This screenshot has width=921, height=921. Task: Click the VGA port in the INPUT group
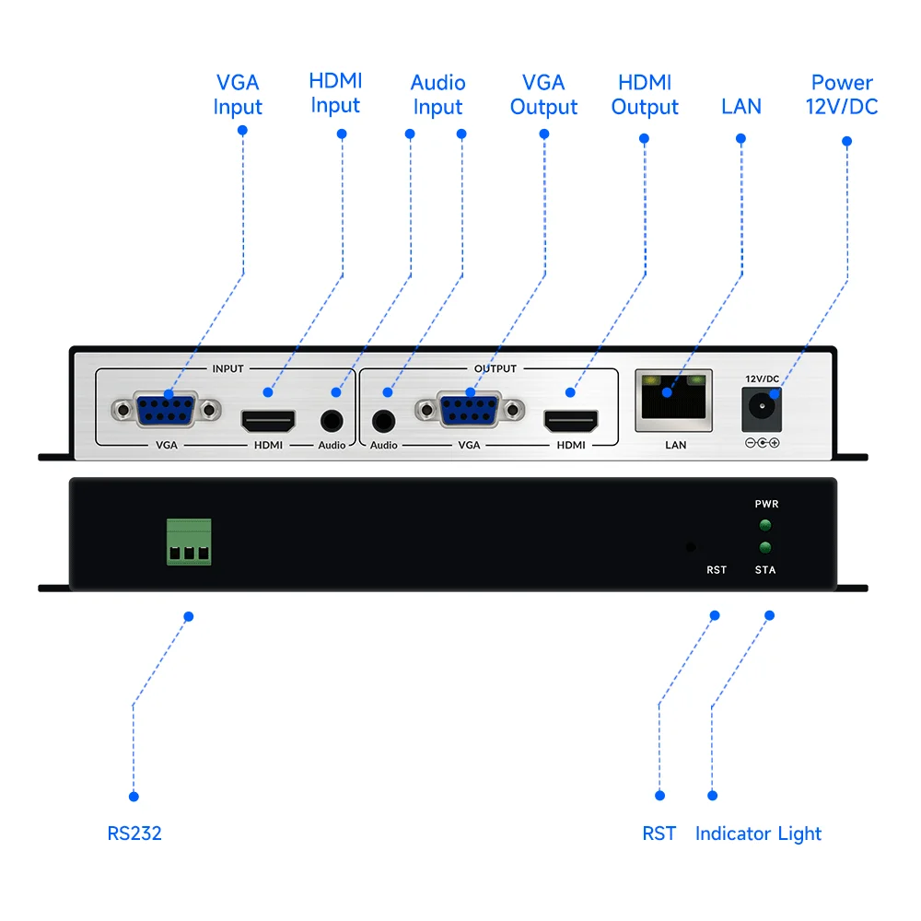(x=166, y=410)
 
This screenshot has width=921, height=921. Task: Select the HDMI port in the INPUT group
(x=268, y=421)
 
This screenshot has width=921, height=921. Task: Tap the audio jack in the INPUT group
(x=332, y=421)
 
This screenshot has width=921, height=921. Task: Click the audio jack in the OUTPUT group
(x=383, y=421)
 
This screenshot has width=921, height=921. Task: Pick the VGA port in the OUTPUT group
(x=470, y=410)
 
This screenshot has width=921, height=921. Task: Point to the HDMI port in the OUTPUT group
(x=571, y=421)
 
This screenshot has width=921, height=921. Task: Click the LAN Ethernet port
(x=674, y=401)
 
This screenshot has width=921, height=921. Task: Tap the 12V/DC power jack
(x=762, y=410)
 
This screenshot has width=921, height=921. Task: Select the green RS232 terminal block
(x=189, y=542)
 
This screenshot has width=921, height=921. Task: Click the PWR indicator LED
(x=764, y=525)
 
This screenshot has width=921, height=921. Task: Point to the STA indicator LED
(x=764, y=547)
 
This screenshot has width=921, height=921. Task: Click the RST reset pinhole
(x=691, y=547)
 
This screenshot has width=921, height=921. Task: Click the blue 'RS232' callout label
(x=134, y=834)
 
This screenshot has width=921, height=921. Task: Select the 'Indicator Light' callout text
(x=758, y=834)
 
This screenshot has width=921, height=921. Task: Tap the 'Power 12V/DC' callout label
(x=842, y=95)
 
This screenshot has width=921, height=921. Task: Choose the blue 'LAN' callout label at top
(x=741, y=106)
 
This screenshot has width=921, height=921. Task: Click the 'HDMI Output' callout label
(x=645, y=95)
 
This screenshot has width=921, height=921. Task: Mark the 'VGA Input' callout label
(x=238, y=95)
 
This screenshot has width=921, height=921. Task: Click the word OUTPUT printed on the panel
(x=495, y=369)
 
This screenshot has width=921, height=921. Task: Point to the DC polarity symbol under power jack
(x=763, y=443)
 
